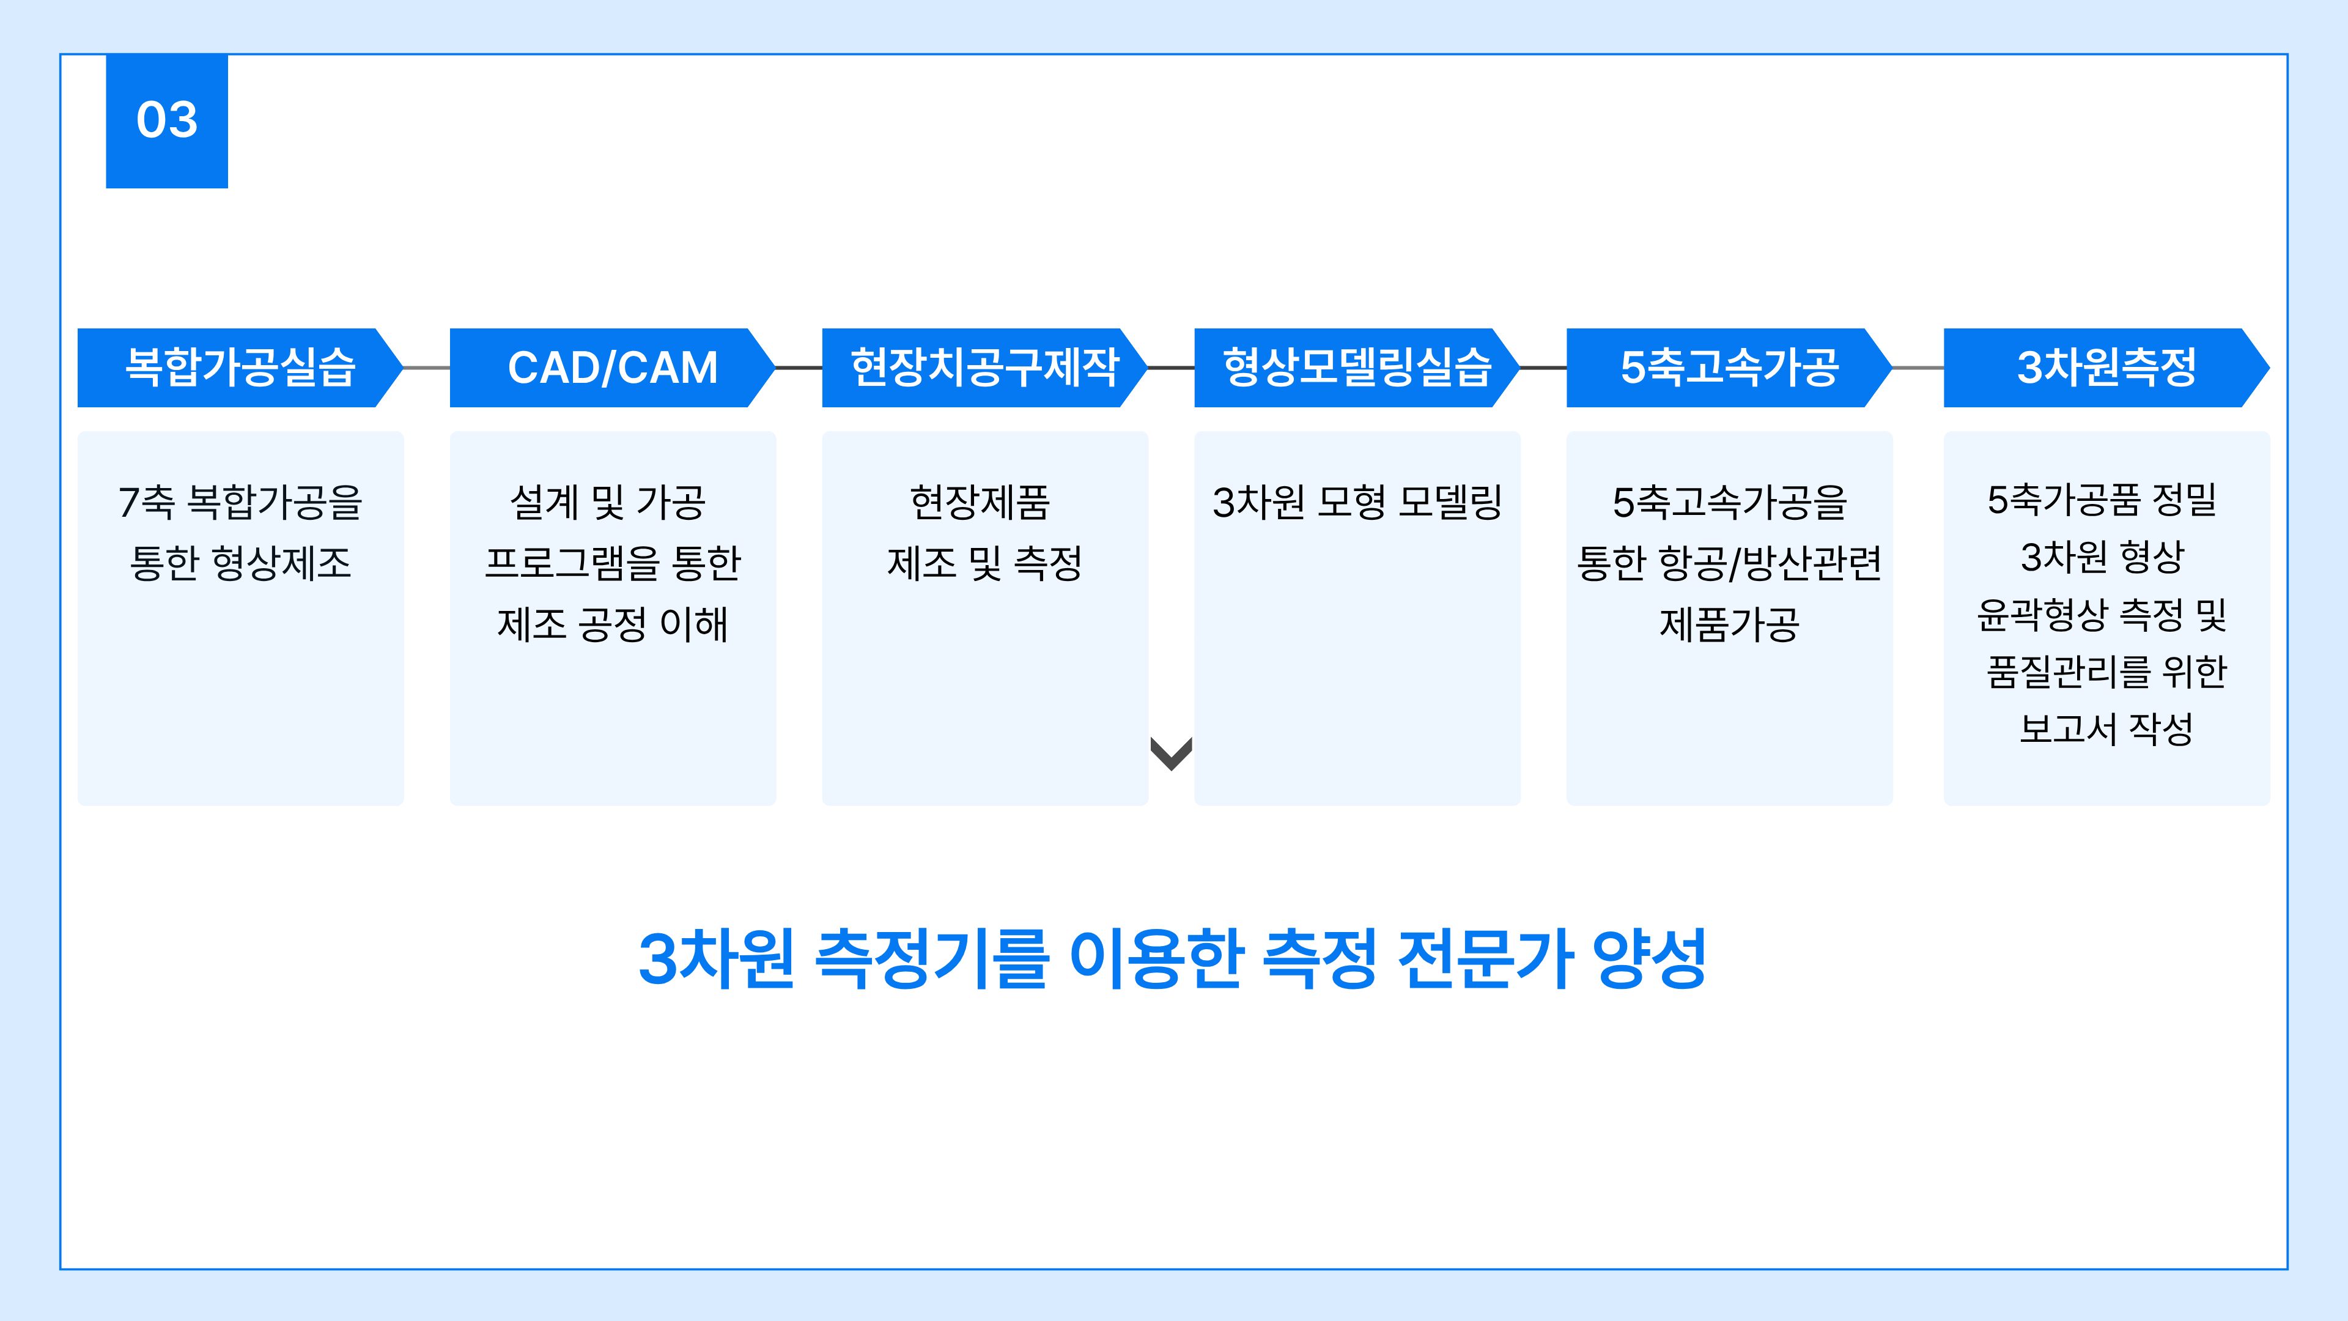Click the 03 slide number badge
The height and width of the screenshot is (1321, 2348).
167,121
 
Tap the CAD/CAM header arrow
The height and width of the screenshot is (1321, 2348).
613,368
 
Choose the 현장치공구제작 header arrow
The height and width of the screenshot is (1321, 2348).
984,368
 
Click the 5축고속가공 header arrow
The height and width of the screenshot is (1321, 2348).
1729,368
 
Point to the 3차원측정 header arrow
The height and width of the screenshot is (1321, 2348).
2106,368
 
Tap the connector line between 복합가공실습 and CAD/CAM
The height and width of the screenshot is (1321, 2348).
427,368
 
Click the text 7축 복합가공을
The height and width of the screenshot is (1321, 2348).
241,502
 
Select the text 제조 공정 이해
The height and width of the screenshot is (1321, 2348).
613,624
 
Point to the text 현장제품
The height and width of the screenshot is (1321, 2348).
981,502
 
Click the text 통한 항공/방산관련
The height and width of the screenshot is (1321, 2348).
1729,563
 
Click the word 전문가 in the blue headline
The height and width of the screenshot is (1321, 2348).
1486,959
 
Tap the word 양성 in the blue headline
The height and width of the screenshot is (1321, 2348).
1650,959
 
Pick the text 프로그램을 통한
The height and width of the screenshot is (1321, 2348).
613,563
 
